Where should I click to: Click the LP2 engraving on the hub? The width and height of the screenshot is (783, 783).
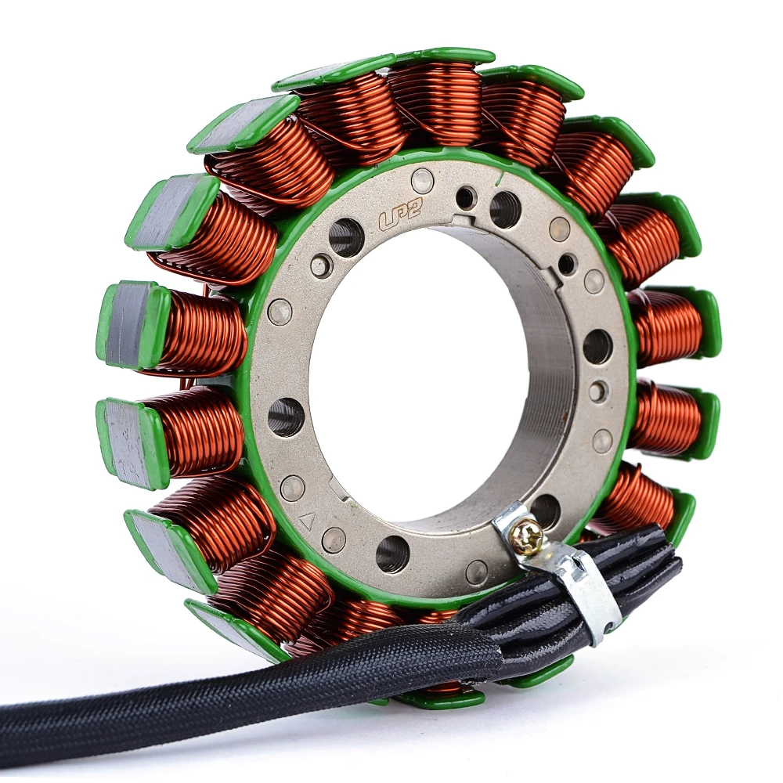click(399, 216)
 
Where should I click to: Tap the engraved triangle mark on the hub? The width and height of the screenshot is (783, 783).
click(307, 521)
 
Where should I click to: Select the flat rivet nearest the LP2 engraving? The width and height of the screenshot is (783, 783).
click(423, 178)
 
